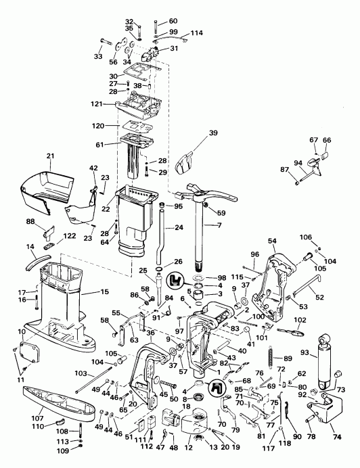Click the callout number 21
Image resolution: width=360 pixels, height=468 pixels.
50,156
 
